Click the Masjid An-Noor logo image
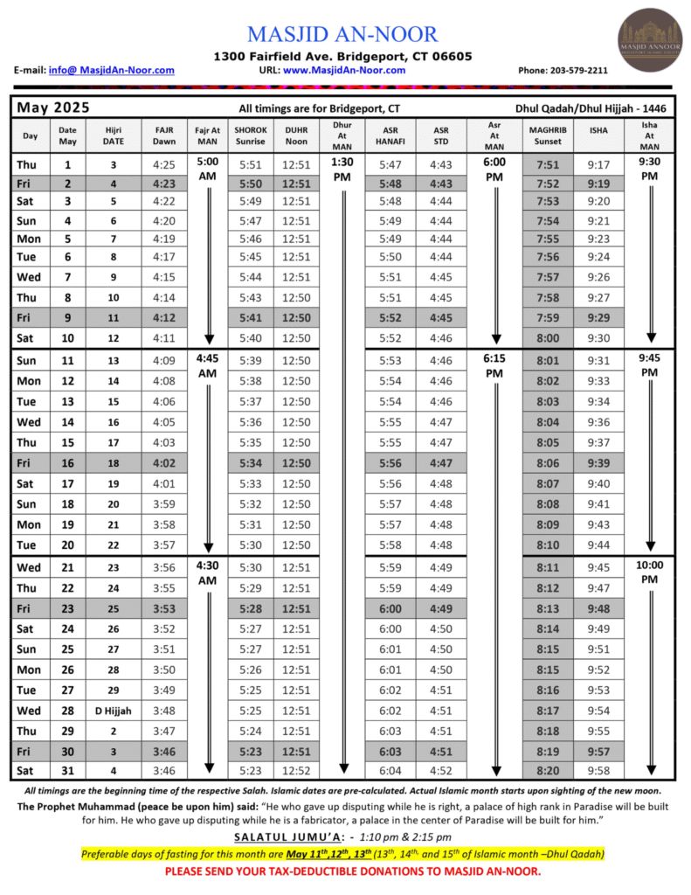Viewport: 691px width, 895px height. tap(650, 39)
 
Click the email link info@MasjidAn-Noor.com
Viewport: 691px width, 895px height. tap(111, 70)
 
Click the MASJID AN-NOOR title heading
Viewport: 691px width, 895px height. tap(342, 34)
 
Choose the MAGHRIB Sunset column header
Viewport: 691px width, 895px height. tap(548, 135)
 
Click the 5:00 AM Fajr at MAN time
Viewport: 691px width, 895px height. tap(207, 169)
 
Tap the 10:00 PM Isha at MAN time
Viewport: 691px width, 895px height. tap(649, 572)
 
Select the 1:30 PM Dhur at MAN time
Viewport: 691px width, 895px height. tap(342, 169)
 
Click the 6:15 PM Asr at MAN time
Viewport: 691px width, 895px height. tap(494, 365)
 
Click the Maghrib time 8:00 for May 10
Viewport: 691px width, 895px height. tap(548, 338)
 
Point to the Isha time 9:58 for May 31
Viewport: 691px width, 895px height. tap(599, 770)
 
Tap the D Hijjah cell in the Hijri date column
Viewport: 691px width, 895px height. tap(114, 711)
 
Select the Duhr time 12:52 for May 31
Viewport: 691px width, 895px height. tap(296, 770)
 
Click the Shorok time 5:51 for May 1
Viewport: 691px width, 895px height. tap(250, 164)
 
